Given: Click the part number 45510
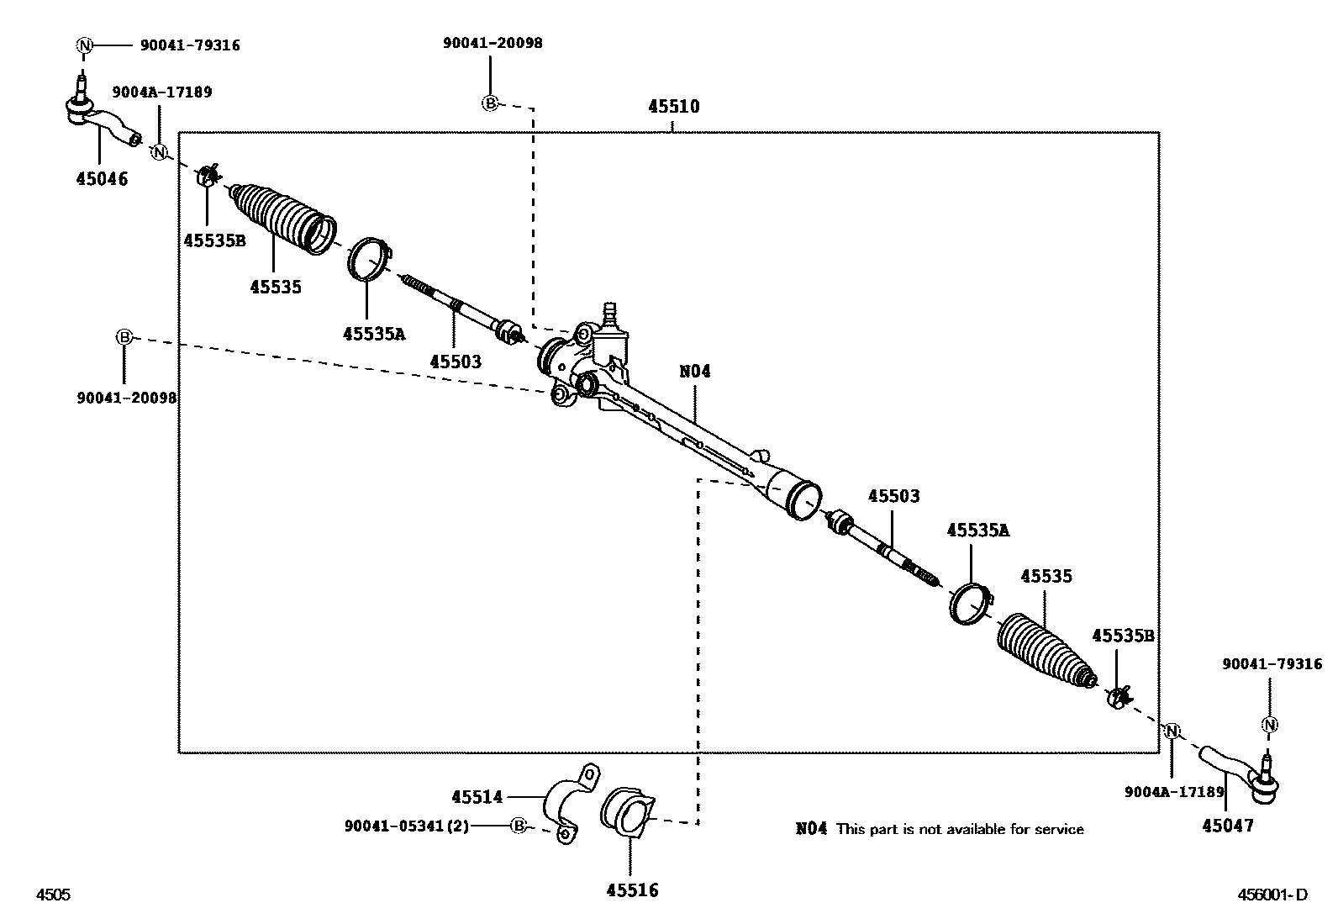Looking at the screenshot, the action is click(x=674, y=107).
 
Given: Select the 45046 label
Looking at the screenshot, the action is click(x=103, y=179).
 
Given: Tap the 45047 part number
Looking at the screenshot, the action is click(x=1228, y=826).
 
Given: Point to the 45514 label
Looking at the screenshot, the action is click(x=477, y=797).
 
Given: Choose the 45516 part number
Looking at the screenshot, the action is click(x=633, y=890).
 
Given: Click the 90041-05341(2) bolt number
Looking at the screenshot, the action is click(x=407, y=826).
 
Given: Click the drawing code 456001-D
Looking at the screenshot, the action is click(x=1272, y=895).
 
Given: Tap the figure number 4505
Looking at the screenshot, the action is click(x=53, y=895).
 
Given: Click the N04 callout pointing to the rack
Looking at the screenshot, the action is click(x=695, y=371).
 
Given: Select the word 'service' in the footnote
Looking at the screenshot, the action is click(x=1059, y=829).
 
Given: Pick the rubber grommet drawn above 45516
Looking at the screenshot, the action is click(x=627, y=811).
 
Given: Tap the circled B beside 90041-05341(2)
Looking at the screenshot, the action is click(x=519, y=826).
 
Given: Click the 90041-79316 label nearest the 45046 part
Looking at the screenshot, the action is click(x=190, y=45).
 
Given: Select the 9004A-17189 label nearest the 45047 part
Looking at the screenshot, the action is click(x=1174, y=792).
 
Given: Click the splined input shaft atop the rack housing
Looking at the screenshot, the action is click(x=609, y=313).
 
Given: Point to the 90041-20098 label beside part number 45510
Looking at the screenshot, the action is click(x=493, y=43).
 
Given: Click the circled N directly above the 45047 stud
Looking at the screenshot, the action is click(x=1270, y=725).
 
